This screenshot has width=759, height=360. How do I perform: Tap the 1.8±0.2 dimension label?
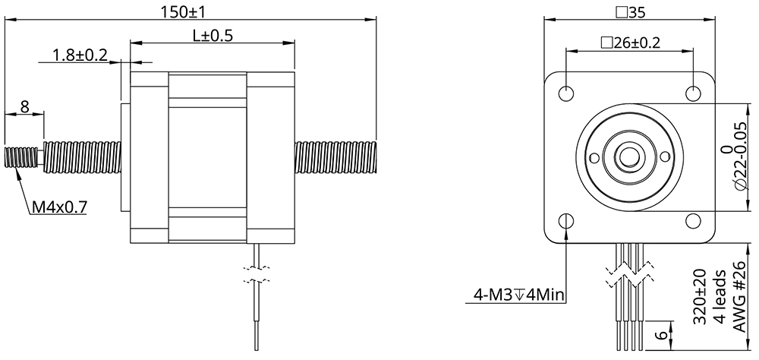pyautogui.click(x=80, y=55)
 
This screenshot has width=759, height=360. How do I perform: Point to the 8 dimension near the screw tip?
pyautogui.click(x=24, y=106)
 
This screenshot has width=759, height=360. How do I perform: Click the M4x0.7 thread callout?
pyautogui.click(x=58, y=206)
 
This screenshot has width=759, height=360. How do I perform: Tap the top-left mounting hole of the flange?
pyautogui.click(x=566, y=93)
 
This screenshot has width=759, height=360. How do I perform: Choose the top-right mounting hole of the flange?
pyautogui.click(x=693, y=93)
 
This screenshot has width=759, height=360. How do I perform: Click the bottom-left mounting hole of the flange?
pyautogui.click(x=566, y=221)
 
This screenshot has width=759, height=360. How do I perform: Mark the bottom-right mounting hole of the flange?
pyautogui.click(x=693, y=221)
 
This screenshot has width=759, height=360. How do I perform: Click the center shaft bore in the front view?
pyautogui.click(x=629, y=157)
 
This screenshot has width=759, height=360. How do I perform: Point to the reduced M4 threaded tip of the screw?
pyautogui.click(x=20, y=158)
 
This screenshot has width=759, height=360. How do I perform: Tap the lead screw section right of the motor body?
pyautogui.click(x=335, y=157)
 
